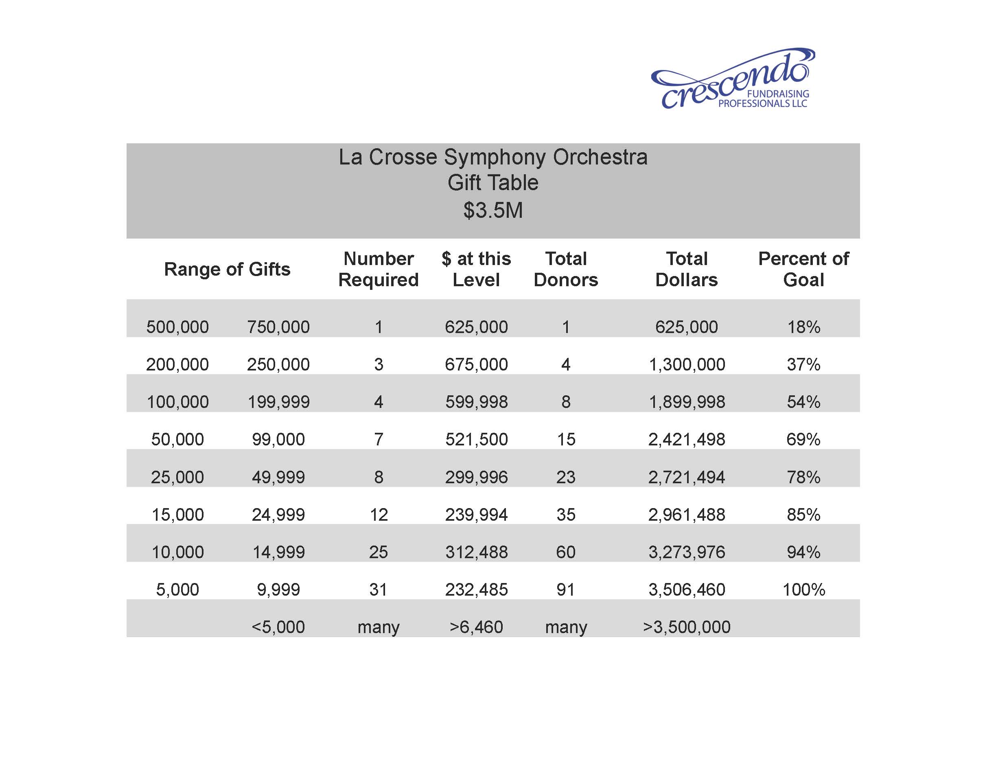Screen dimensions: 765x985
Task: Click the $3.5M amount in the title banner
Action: pyautogui.click(x=493, y=210)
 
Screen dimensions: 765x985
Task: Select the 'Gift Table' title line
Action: pyautogui.click(x=493, y=183)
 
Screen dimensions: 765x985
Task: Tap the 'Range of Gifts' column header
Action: pyautogui.click(x=227, y=269)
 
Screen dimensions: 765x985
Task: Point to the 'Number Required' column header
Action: pyautogui.click(x=379, y=269)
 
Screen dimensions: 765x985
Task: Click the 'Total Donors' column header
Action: pyautogui.click(x=566, y=269)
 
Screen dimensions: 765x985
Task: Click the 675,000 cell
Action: pyautogui.click(x=476, y=364)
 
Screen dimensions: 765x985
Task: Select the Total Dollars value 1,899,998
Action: pyautogui.click(x=686, y=402)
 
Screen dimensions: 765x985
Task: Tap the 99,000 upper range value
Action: pyautogui.click(x=278, y=439)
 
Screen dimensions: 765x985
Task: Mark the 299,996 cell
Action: pyautogui.click(x=476, y=477)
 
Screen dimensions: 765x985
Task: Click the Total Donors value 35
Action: pyautogui.click(x=566, y=515)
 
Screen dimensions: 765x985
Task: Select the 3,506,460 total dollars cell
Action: pyautogui.click(x=686, y=590)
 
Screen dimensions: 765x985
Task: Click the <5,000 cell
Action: pyautogui.click(x=278, y=627)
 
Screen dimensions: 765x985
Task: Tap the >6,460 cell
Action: pyautogui.click(x=476, y=627)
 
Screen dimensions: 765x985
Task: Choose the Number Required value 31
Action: pyautogui.click(x=379, y=590)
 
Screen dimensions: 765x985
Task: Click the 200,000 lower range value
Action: pyautogui.click(x=177, y=364)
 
